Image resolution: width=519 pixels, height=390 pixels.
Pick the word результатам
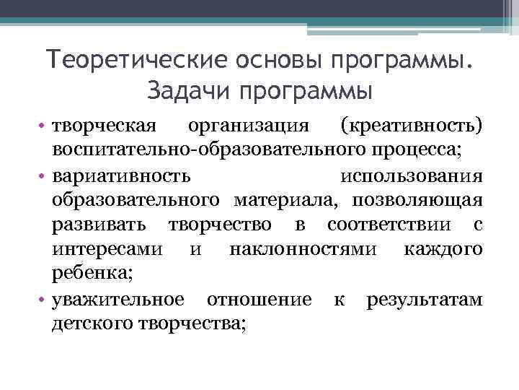pos(424,299)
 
